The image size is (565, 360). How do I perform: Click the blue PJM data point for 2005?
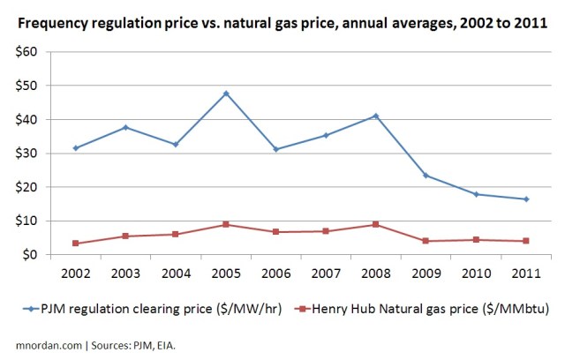click(x=226, y=94)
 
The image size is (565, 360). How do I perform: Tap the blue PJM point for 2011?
click(x=526, y=199)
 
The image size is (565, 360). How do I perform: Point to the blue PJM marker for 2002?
click(x=75, y=148)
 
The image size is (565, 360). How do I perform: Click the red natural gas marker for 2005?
click(x=226, y=224)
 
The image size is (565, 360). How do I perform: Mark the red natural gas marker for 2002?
click(x=75, y=244)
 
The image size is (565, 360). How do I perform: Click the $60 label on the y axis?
click(x=29, y=52)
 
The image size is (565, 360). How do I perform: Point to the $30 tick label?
click(x=29, y=154)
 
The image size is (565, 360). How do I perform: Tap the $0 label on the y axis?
click(x=33, y=255)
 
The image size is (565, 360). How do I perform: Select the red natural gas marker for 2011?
click(x=526, y=241)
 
